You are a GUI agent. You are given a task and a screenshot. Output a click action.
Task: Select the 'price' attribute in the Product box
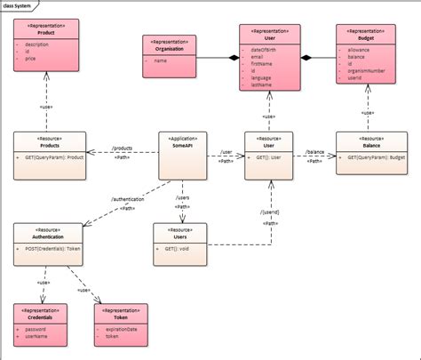click(x=31, y=59)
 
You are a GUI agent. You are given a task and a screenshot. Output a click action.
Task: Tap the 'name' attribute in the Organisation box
click(x=161, y=61)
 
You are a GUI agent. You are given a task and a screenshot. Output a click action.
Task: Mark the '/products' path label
click(x=122, y=148)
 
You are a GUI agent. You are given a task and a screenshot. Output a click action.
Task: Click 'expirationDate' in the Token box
click(x=122, y=329)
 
